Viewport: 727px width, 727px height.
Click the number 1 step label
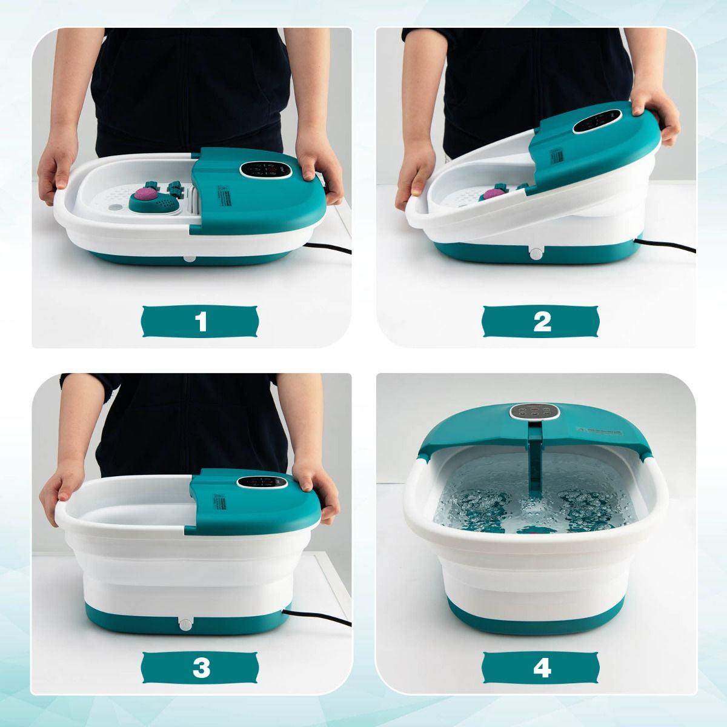point(201,321)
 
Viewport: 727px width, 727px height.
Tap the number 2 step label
point(542,321)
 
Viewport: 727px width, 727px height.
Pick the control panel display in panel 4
point(534,412)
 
